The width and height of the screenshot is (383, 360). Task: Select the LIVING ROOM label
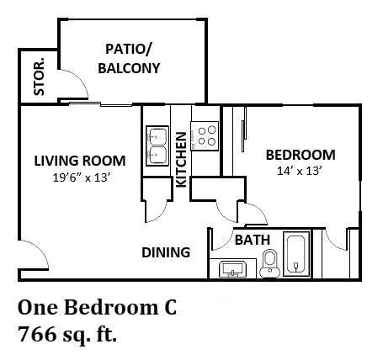click(x=80, y=160)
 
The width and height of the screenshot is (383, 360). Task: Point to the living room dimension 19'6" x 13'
click(x=79, y=177)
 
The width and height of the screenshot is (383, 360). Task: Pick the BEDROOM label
click(x=301, y=155)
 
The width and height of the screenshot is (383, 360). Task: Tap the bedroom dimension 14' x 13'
click(x=300, y=171)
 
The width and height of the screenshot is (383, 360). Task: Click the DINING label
click(x=165, y=252)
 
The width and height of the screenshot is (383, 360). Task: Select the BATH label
click(x=252, y=240)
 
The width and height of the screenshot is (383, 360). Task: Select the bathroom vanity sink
click(x=231, y=269)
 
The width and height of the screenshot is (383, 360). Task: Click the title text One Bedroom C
click(x=98, y=306)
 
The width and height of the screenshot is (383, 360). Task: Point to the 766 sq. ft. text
click(x=68, y=336)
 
